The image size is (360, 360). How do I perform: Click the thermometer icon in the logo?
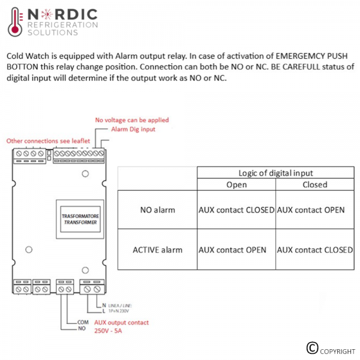pos(15,22)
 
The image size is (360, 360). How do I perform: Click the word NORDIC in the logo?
pos(62,14)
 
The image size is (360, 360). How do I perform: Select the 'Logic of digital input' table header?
pos(275,173)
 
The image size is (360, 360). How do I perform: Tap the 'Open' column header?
pos(236,185)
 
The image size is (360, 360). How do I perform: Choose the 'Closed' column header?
pos(315,185)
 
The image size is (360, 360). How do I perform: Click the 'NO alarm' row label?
pos(157,210)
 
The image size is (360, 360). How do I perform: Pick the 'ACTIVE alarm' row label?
pos(157,250)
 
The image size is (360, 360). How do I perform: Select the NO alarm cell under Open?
pos(236,210)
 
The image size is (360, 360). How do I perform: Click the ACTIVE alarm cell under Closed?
pos(315,250)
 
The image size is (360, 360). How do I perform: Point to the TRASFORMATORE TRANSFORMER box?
pos(80,219)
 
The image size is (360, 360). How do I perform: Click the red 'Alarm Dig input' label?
pos(133,129)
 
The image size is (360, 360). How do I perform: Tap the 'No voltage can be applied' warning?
pos(132,120)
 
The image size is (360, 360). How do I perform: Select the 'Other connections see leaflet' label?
pos(48,141)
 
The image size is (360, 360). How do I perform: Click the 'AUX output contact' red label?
pos(121,323)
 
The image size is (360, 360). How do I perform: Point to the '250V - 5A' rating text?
pos(108,331)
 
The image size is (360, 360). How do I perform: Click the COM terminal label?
pos(83,322)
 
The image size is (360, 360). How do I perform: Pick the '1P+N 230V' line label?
pos(118,311)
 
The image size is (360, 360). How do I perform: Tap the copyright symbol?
pos(312,348)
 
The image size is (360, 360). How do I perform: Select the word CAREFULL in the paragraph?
pos(301,67)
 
